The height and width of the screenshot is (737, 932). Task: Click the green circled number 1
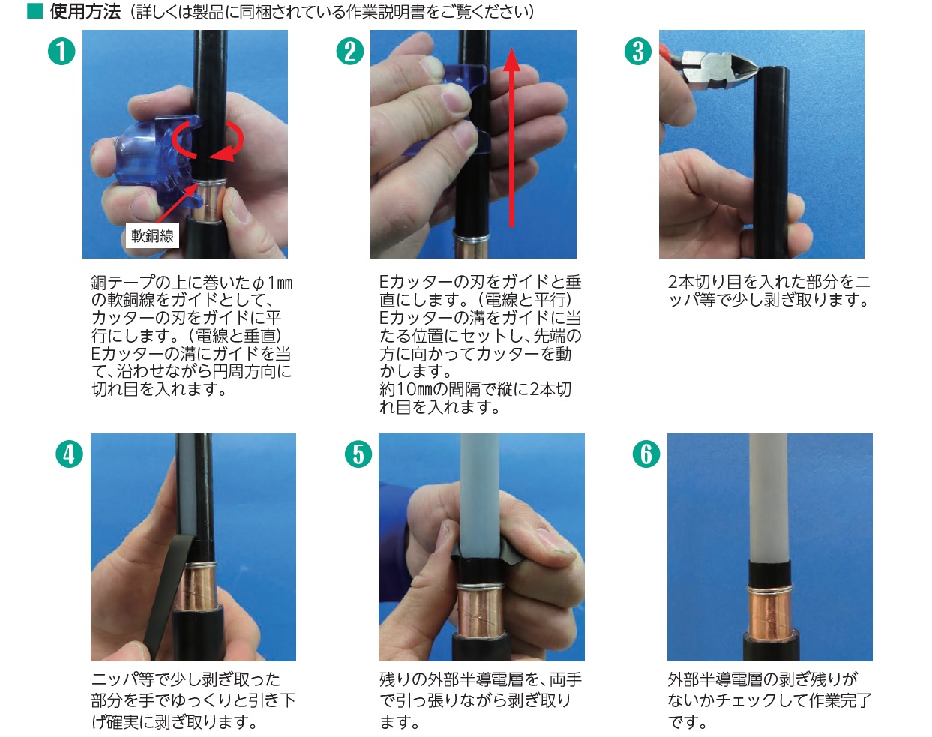[x=61, y=52]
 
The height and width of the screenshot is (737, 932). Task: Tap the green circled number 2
[x=350, y=52]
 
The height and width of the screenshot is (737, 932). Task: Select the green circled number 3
[x=638, y=52]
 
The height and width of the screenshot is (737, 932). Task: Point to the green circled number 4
[x=69, y=454]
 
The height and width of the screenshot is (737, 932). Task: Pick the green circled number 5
[x=358, y=454]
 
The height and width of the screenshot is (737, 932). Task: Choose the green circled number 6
[x=646, y=454]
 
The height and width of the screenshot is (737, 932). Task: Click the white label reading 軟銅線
[x=152, y=236]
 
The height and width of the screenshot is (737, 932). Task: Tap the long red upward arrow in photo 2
[x=512, y=138]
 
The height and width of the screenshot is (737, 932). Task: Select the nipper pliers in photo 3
[x=710, y=68]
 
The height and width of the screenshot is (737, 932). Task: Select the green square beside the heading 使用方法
[x=34, y=12]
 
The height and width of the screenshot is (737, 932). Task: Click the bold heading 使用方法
[x=85, y=12]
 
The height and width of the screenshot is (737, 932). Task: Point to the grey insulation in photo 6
[x=768, y=497]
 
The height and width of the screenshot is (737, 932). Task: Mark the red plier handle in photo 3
[x=666, y=51]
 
